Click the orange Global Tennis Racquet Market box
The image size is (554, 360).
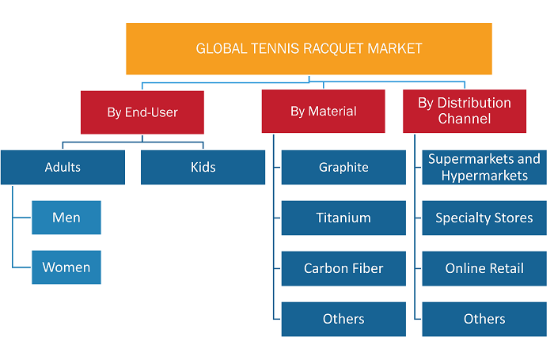point(309,49)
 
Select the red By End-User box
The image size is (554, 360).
point(142,112)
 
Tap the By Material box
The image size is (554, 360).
point(323,112)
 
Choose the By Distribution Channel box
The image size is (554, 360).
point(465,112)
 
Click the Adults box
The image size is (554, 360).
point(63,168)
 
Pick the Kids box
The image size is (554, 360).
point(203,168)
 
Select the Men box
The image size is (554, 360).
point(66,218)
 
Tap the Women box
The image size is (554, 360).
point(66,267)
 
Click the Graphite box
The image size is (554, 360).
point(343,168)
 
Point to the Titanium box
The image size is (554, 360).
point(343,218)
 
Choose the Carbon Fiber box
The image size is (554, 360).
point(343,268)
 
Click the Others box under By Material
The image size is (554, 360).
point(343,319)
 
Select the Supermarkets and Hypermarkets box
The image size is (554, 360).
point(484,168)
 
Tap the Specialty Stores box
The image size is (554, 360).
point(484,218)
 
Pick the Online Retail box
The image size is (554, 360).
point(484,268)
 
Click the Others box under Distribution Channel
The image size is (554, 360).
point(484,319)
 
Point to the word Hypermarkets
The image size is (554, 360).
point(484,176)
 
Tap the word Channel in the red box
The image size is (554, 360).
point(465,119)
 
